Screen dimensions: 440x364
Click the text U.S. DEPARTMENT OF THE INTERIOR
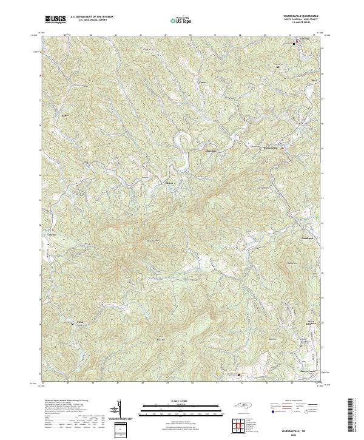(x=92, y=16)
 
